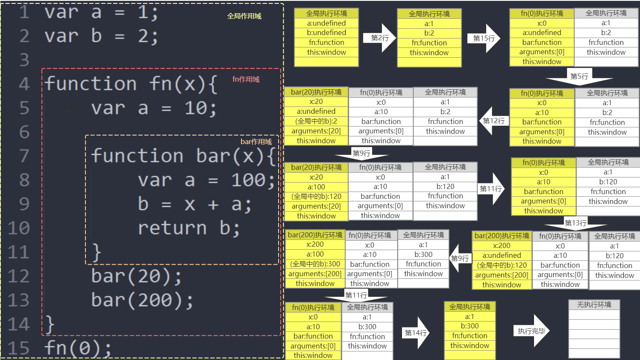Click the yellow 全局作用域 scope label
click(x=244, y=16)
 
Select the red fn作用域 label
click(x=246, y=79)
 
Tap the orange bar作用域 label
click(x=256, y=142)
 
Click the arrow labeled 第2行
click(x=379, y=38)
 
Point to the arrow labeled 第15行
click(x=484, y=38)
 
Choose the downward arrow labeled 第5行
click(x=579, y=77)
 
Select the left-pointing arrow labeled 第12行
click(x=494, y=121)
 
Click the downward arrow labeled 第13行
click(x=576, y=223)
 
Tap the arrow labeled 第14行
click(x=416, y=333)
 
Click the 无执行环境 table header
click(x=594, y=304)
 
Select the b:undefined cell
click(x=326, y=32)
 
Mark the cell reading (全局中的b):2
click(x=316, y=121)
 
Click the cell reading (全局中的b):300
click(x=315, y=264)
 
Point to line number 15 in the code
click(x=18, y=348)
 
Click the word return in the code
click(x=172, y=228)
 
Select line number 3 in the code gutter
click(x=24, y=60)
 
